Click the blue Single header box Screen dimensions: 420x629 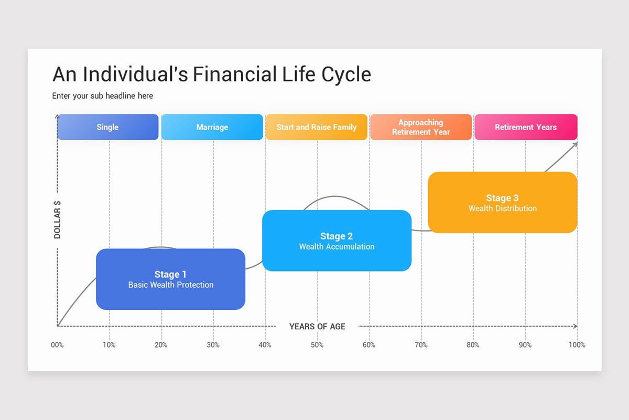point(107,127)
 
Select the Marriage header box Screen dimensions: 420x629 point(212,127)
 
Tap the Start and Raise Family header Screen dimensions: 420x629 point(316,127)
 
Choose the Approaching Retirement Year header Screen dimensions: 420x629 point(420,127)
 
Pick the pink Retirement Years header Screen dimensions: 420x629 point(526,127)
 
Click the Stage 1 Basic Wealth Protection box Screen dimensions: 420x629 point(170,279)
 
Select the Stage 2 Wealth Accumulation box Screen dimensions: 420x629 point(337,241)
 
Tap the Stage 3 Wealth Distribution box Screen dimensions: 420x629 point(502,203)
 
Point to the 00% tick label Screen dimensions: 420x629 point(57,345)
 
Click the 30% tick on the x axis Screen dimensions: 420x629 point(213,345)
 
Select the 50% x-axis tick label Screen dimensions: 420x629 point(317,345)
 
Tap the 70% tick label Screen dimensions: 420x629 point(421,345)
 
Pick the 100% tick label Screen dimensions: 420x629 point(577,345)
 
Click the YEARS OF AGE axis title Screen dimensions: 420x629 point(317,327)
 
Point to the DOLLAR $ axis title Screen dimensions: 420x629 point(57,219)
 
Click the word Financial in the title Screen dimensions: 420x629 point(234,75)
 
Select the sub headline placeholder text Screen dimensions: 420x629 point(103,96)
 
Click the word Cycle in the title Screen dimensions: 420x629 point(346,75)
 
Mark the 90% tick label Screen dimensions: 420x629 point(525,345)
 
